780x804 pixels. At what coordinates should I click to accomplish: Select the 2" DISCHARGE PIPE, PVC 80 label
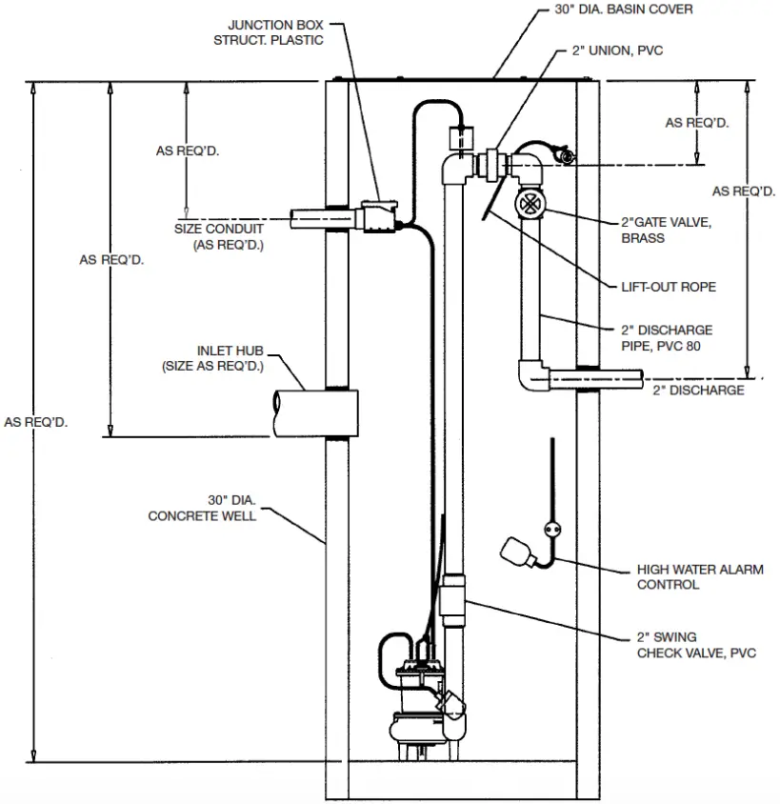click(666, 338)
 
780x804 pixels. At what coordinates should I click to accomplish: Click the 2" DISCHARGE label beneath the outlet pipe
click(698, 391)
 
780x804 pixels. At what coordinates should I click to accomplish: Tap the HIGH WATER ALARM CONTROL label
click(686, 577)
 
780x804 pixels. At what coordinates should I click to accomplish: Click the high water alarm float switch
click(515, 552)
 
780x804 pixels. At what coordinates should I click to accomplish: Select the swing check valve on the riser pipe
click(453, 600)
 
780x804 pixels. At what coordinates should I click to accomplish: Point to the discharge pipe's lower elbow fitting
click(530, 375)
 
